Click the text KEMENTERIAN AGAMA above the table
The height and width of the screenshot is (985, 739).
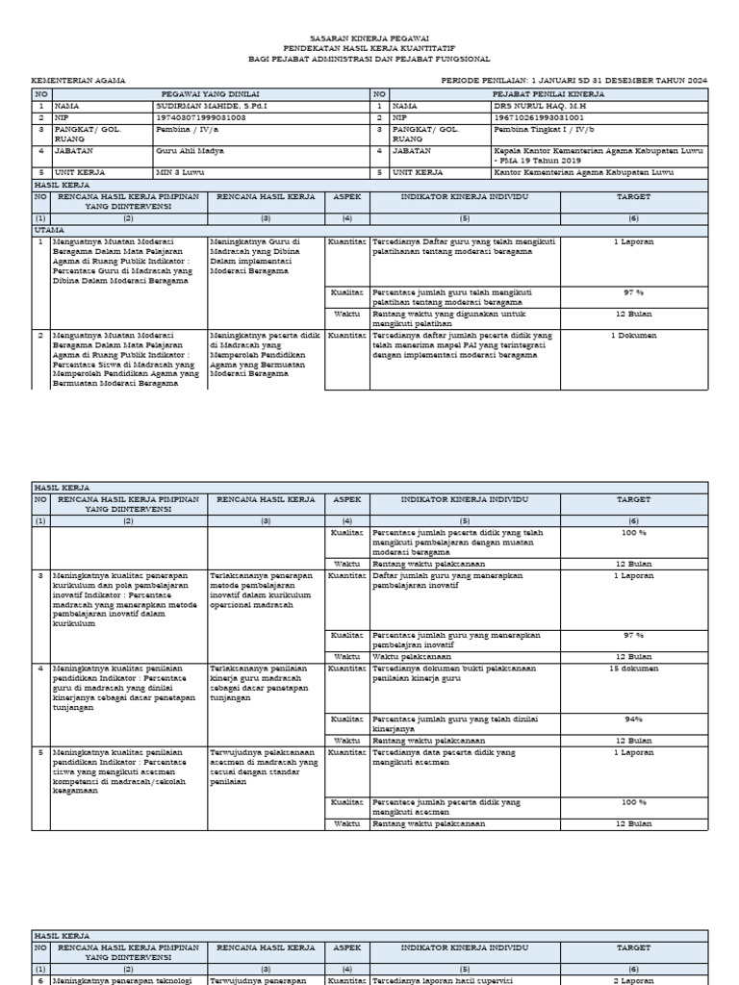78,82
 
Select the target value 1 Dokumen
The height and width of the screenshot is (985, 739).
633,336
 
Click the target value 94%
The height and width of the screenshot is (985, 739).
633,719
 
